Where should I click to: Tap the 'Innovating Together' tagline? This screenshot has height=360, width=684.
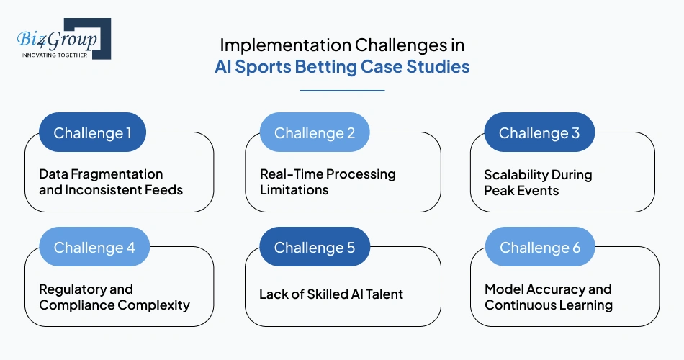(x=55, y=55)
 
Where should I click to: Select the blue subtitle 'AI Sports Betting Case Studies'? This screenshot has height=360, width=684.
(x=342, y=67)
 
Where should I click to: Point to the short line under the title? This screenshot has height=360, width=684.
(x=342, y=91)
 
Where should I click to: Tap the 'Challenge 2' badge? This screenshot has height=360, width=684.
(x=315, y=132)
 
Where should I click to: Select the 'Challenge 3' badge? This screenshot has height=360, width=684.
(x=539, y=132)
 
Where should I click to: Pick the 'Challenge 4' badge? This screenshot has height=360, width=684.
(x=94, y=247)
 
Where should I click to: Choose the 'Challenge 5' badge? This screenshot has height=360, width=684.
(x=315, y=247)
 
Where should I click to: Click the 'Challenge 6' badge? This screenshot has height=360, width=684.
(x=540, y=247)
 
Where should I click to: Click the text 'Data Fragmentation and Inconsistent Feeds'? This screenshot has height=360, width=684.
(x=111, y=182)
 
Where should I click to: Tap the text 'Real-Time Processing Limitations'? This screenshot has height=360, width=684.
(x=328, y=182)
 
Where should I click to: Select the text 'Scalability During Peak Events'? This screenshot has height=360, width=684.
(x=538, y=182)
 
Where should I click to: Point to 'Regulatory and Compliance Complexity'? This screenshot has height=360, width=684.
(x=114, y=297)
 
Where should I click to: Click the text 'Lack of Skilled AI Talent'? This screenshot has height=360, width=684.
(x=331, y=294)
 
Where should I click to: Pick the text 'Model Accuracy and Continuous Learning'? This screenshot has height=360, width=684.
(x=549, y=297)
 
